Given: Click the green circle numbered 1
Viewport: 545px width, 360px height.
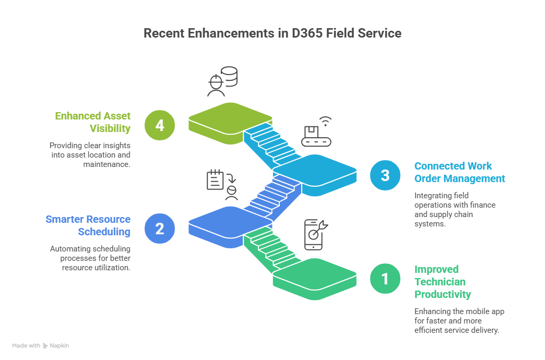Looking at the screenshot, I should (x=385, y=279).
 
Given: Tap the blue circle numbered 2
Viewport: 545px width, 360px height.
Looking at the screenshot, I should (x=160, y=228).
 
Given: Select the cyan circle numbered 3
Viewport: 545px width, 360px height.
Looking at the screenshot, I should (x=385, y=175).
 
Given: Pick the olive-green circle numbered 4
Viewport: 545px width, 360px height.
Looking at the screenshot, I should (x=160, y=125).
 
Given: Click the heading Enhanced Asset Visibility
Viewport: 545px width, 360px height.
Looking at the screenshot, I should (x=93, y=122).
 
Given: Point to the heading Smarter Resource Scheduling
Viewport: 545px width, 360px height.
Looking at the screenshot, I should (x=88, y=225).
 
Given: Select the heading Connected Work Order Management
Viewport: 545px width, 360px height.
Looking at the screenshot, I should (x=459, y=172).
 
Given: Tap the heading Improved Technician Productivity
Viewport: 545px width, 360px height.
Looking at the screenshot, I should (x=443, y=282).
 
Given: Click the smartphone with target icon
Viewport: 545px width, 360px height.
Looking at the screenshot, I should (x=315, y=234).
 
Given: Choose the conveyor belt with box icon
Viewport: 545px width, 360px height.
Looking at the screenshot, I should (x=316, y=133).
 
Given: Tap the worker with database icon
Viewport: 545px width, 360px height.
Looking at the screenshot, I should (x=222, y=81).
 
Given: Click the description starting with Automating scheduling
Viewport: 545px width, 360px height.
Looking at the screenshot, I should (x=90, y=258).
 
